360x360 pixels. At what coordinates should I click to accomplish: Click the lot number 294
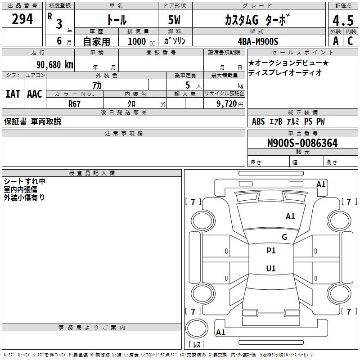(22, 19)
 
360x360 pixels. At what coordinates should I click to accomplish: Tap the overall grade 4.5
(343, 20)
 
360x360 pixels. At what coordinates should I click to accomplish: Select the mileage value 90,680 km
(54, 65)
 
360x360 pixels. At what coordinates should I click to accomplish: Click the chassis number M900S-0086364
(302, 143)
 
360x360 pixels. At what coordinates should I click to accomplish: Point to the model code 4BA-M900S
(258, 41)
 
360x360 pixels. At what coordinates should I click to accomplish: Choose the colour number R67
(74, 104)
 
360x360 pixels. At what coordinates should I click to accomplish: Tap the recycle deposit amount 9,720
(226, 104)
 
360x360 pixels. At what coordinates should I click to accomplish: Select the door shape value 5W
(174, 20)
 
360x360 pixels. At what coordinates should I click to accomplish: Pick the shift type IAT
(13, 94)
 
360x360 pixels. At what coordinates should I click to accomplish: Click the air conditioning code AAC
(35, 94)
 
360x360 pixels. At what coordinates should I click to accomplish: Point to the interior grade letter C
(350, 41)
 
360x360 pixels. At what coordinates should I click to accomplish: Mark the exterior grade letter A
(336, 41)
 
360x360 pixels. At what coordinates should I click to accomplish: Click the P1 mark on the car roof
(271, 251)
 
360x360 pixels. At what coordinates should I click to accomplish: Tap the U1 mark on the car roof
(271, 268)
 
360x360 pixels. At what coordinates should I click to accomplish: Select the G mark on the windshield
(284, 237)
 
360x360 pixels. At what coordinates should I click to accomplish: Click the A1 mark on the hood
(290, 216)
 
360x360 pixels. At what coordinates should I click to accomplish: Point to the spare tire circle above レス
(197, 328)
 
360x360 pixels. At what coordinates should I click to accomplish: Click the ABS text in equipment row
(258, 121)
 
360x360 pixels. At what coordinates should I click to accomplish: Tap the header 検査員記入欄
(92, 173)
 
